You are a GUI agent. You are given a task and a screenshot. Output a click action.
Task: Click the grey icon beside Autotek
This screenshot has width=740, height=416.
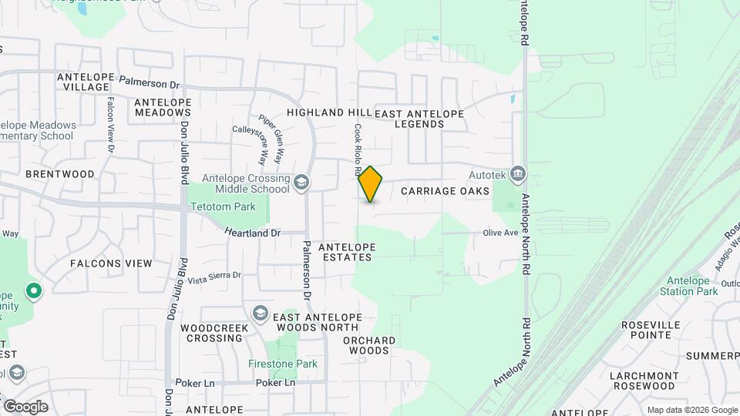[x=518, y=173]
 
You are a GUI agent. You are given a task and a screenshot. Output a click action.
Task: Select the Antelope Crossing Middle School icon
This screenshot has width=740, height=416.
[x=301, y=183]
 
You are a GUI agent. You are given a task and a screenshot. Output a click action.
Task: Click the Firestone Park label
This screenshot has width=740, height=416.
[x=283, y=363]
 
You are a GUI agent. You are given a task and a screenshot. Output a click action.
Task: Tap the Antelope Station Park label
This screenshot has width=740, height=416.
[x=688, y=286]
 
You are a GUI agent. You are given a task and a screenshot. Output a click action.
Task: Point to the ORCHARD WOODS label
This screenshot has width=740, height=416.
[x=369, y=345]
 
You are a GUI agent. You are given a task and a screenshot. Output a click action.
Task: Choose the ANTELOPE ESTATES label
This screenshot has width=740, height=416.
[x=348, y=252]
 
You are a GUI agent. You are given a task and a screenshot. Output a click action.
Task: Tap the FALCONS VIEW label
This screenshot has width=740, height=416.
[x=111, y=263]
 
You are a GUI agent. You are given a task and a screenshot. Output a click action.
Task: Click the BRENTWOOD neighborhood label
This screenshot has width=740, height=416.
[x=60, y=174]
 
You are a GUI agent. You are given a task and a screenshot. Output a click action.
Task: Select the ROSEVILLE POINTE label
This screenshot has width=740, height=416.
[x=654, y=330]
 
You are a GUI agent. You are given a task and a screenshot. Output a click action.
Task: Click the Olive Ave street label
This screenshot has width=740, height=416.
[x=500, y=233]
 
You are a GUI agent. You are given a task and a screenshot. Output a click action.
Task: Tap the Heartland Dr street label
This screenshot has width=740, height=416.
[x=253, y=232]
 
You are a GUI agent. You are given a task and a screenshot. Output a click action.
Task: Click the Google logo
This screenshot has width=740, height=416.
[x=25, y=407]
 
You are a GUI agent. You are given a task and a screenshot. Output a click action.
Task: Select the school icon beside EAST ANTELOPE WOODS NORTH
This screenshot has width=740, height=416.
[x=260, y=312]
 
